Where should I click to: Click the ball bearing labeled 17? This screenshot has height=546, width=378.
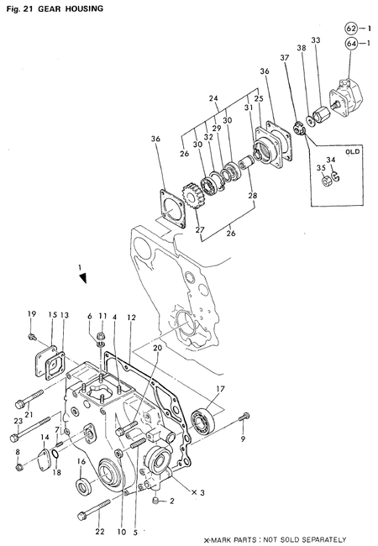203,417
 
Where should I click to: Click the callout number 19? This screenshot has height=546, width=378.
32,314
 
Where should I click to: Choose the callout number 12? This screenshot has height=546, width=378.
131,318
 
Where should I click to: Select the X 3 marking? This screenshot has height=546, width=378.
198,491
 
